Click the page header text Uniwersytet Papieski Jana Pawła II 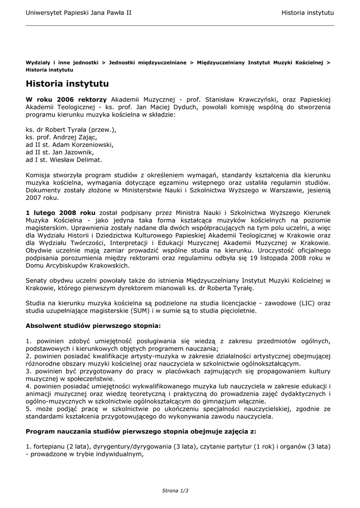[78, 11]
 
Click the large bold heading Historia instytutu [67, 84]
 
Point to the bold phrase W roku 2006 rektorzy [66, 99]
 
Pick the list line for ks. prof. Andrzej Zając [61, 137]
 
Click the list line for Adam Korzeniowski [70, 144]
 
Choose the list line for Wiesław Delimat [64, 160]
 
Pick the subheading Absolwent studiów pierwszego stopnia [93, 326]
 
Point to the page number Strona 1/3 [175, 490]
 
